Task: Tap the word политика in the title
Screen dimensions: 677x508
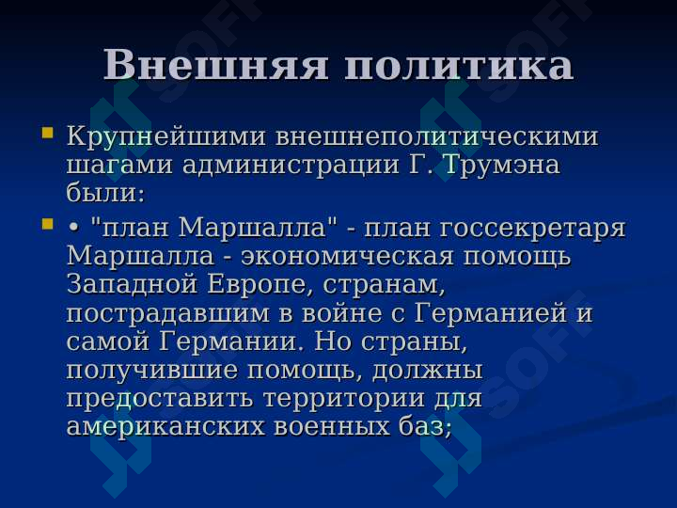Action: click(x=459, y=66)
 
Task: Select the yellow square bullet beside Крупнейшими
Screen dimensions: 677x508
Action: click(x=48, y=133)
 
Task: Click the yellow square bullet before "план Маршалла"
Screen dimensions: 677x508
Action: click(x=48, y=224)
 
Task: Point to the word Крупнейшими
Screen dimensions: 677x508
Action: click(x=166, y=137)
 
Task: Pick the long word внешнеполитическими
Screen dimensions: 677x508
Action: click(x=437, y=137)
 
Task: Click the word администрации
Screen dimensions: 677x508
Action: click(x=291, y=166)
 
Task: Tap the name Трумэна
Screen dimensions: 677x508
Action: click(x=501, y=165)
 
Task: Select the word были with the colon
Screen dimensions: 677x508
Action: click(x=105, y=192)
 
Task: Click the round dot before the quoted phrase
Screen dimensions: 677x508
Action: click(x=73, y=230)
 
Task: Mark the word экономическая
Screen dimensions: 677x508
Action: click(x=347, y=257)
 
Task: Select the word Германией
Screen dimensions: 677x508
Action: click(x=490, y=313)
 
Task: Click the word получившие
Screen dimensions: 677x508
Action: click(x=151, y=372)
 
